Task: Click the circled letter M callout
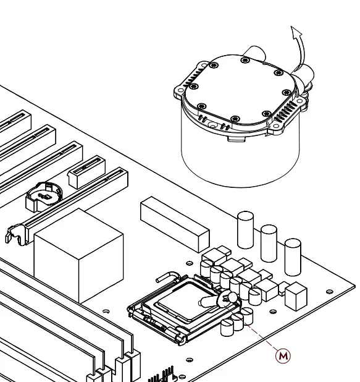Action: coord(283,356)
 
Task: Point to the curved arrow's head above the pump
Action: coord(296,32)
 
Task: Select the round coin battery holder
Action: coord(44,197)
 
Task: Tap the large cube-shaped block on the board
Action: coord(78,256)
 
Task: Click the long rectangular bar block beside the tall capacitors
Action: coord(175,224)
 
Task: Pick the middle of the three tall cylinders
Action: coord(269,243)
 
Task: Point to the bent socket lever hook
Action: coord(168,277)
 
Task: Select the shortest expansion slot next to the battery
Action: coord(87,172)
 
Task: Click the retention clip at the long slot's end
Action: coord(15,235)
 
